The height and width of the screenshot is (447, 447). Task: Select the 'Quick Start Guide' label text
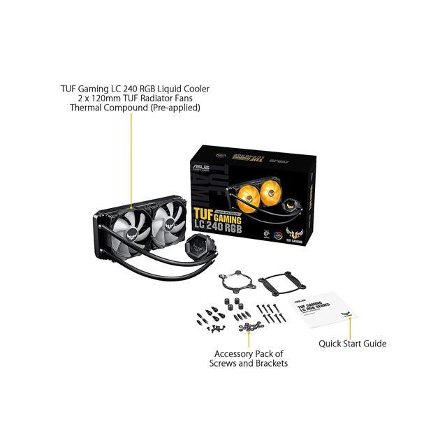coord(352,344)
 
